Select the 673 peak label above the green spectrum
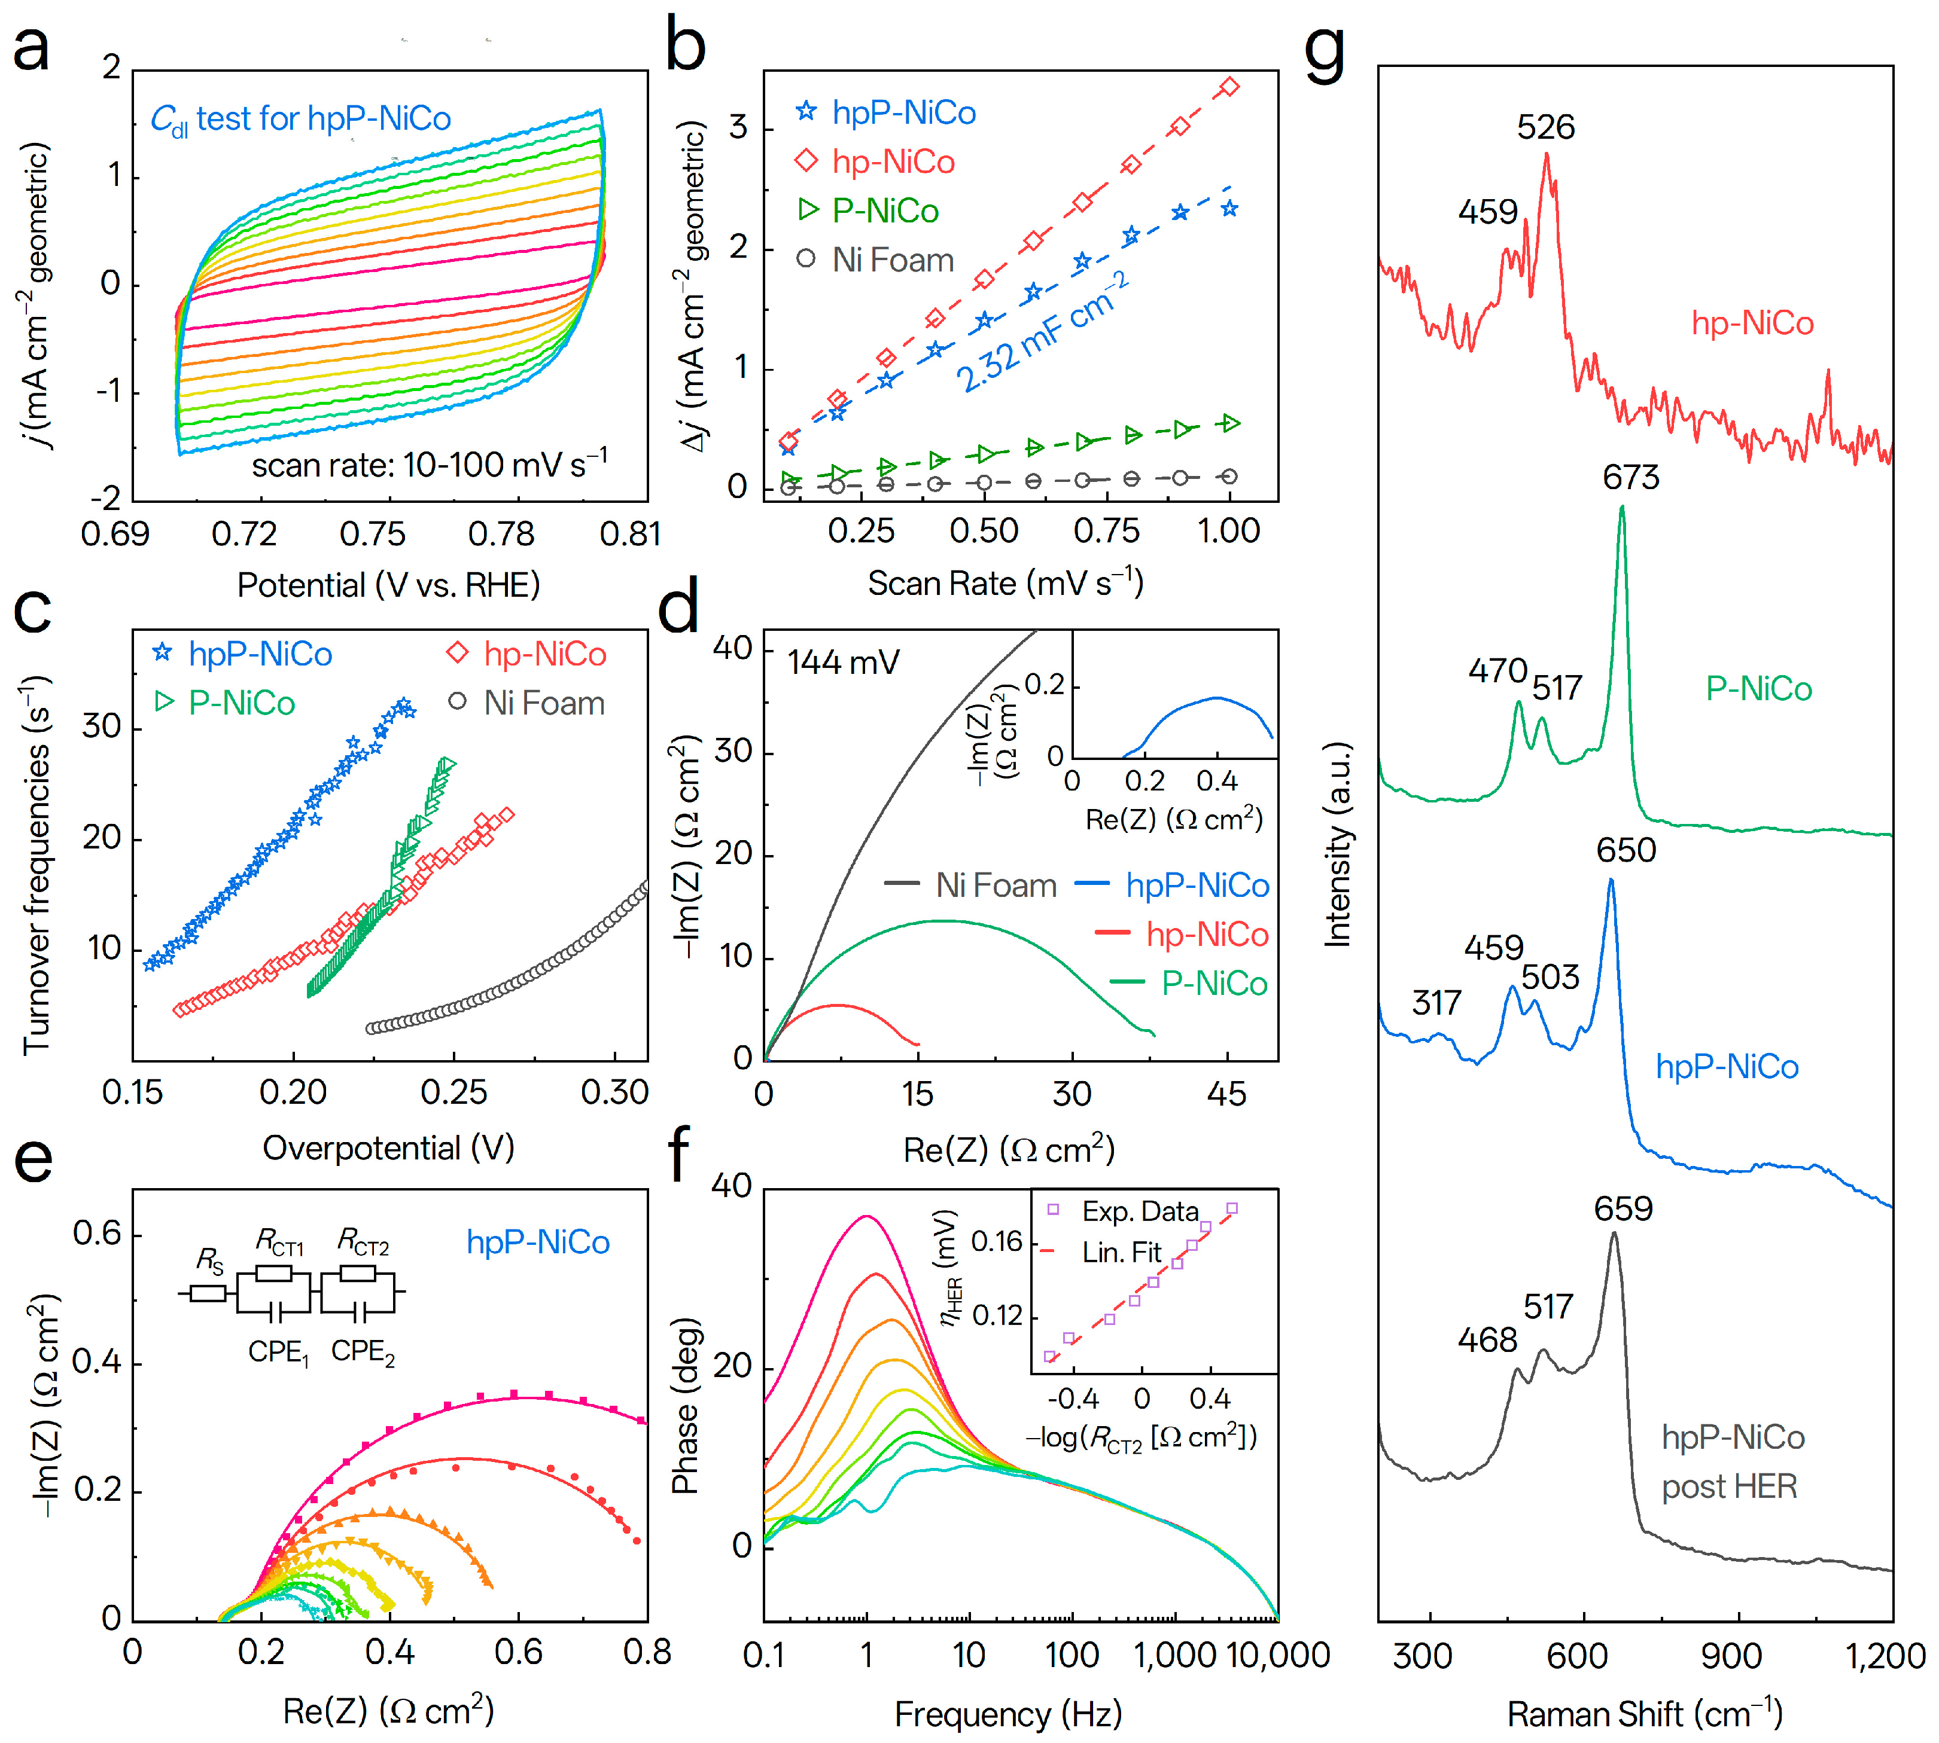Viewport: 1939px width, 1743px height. pos(1630,477)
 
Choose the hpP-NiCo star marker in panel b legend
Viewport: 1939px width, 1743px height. pos(806,112)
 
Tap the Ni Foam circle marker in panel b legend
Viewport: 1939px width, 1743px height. pos(806,258)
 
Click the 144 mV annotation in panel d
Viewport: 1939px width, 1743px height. pos(842,662)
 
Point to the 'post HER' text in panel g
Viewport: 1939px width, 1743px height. pos(1728,1486)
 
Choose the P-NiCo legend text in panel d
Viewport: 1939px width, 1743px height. pos(1214,984)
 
